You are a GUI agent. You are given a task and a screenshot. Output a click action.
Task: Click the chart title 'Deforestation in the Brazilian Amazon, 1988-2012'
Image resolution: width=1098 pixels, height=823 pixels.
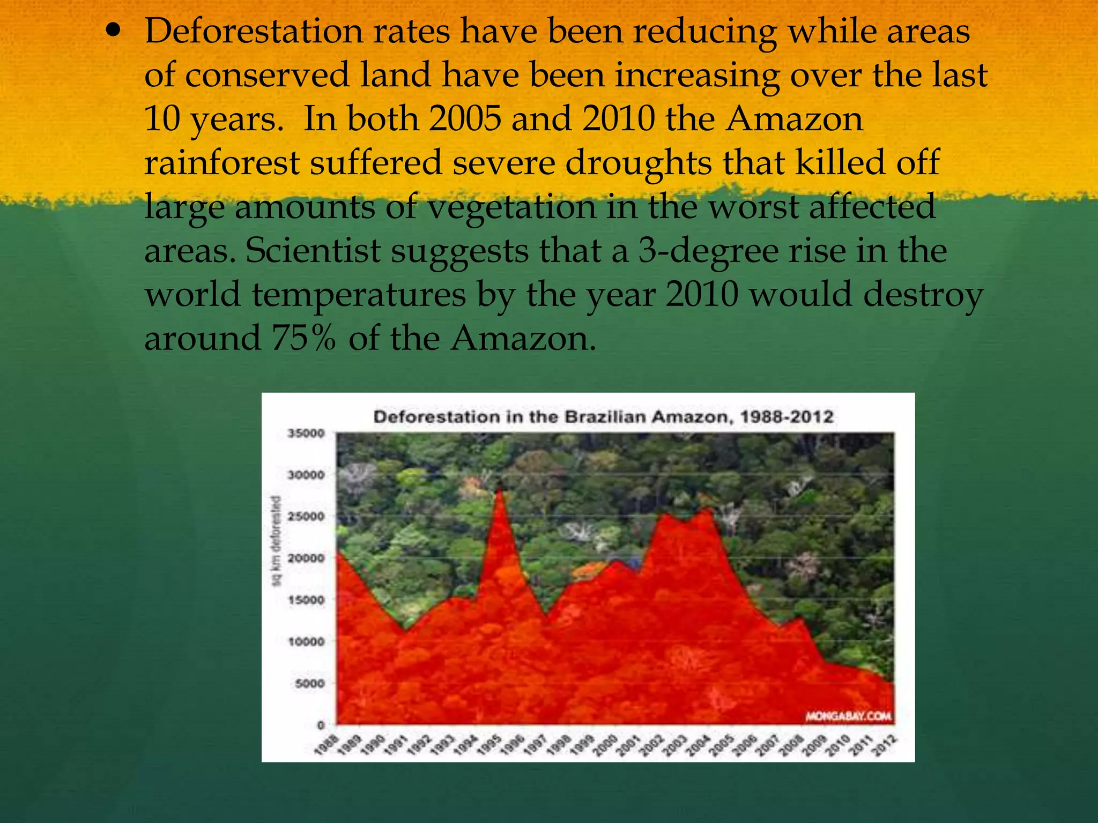pyautogui.click(x=603, y=417)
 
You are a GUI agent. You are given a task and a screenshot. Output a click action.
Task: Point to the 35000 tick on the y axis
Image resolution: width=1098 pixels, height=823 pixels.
pyautogui.click(x=307, y=433)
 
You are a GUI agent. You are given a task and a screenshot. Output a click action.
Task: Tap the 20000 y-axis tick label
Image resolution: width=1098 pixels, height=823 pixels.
pyautogui.click(x=307, y=558)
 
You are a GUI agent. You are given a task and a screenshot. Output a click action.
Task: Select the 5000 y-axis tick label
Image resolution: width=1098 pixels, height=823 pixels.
pyautogui.click(x=309, y=684)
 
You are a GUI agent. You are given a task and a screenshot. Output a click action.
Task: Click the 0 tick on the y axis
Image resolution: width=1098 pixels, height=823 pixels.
pyautogui.click(x=321, y=725)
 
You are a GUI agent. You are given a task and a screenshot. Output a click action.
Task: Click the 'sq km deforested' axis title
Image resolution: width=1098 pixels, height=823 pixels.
pyautogui.click(x=277, y=541)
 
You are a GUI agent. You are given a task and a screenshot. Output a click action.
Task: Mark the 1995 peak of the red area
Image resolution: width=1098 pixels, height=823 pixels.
pyautogui.click(x=499, y=490)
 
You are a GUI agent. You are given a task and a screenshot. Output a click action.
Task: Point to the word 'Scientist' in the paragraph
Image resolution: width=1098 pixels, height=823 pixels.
pyautogui.click(x=313, y=251)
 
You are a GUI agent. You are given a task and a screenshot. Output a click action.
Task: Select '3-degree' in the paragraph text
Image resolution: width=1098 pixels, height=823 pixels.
pyautogui.click(x=708, y=251)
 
